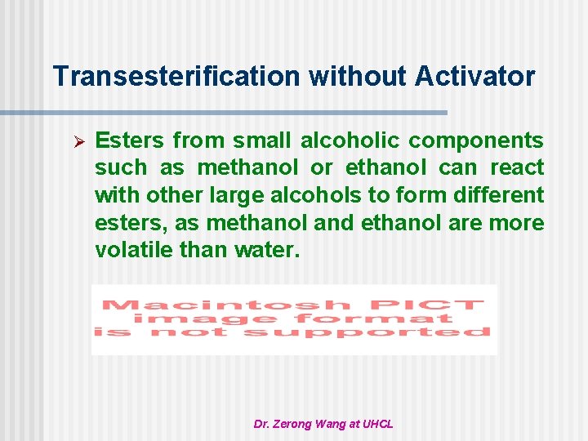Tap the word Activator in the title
[x=475, y=77]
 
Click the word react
[x=517, y=167]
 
